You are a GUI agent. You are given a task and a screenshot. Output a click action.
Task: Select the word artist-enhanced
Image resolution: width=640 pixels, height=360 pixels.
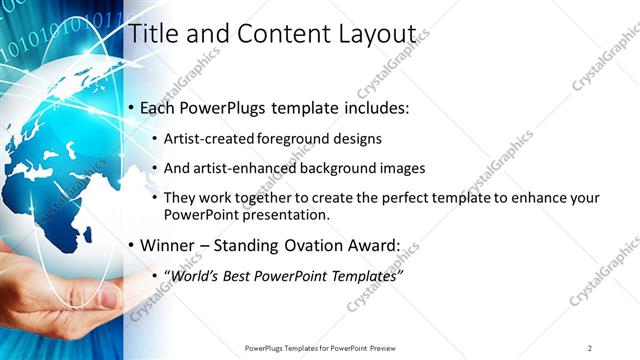point(235,168)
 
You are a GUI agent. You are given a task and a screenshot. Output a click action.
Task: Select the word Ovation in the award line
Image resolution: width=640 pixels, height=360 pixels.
point(317,244)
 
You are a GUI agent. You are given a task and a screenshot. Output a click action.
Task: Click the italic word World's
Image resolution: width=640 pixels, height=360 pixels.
point(196,274)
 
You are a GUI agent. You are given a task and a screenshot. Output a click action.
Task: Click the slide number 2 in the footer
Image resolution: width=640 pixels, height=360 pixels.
point(590,348)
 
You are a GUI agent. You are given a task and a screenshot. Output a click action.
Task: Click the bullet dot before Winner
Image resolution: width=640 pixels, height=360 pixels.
point(130,245)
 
